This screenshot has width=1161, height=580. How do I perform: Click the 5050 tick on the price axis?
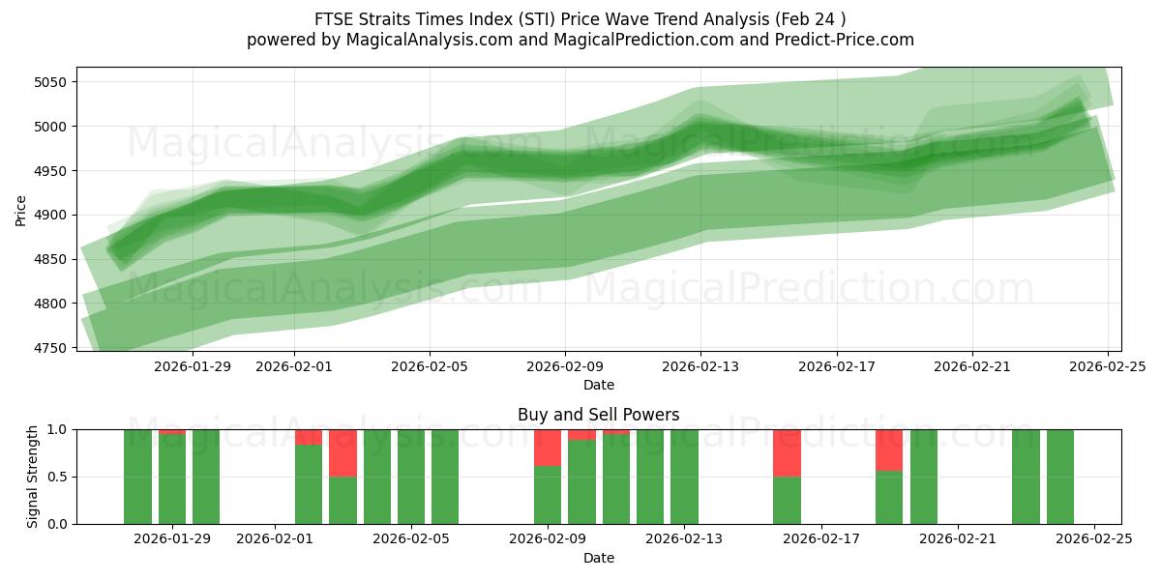point(50,82)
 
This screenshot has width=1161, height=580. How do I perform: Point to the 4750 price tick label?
point(50,348)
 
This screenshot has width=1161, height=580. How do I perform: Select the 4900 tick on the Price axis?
point(50,215)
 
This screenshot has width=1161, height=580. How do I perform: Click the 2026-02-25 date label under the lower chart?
point(1094,540)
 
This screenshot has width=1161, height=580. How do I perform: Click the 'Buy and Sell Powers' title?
point(598,415)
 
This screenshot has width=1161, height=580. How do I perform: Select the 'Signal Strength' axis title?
point(34,477)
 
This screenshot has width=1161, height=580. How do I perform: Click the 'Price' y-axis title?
point(21,209)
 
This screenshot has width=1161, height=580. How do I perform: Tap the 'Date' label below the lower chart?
point(598,558)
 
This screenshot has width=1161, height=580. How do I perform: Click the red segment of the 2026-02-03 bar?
point(342,452)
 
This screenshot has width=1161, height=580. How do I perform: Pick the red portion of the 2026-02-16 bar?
point(787,452)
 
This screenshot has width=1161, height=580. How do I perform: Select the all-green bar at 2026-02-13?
point(684,477)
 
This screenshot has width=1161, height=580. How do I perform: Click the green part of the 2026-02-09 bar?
point(548,495)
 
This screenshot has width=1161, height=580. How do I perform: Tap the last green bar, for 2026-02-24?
point(1060,477)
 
